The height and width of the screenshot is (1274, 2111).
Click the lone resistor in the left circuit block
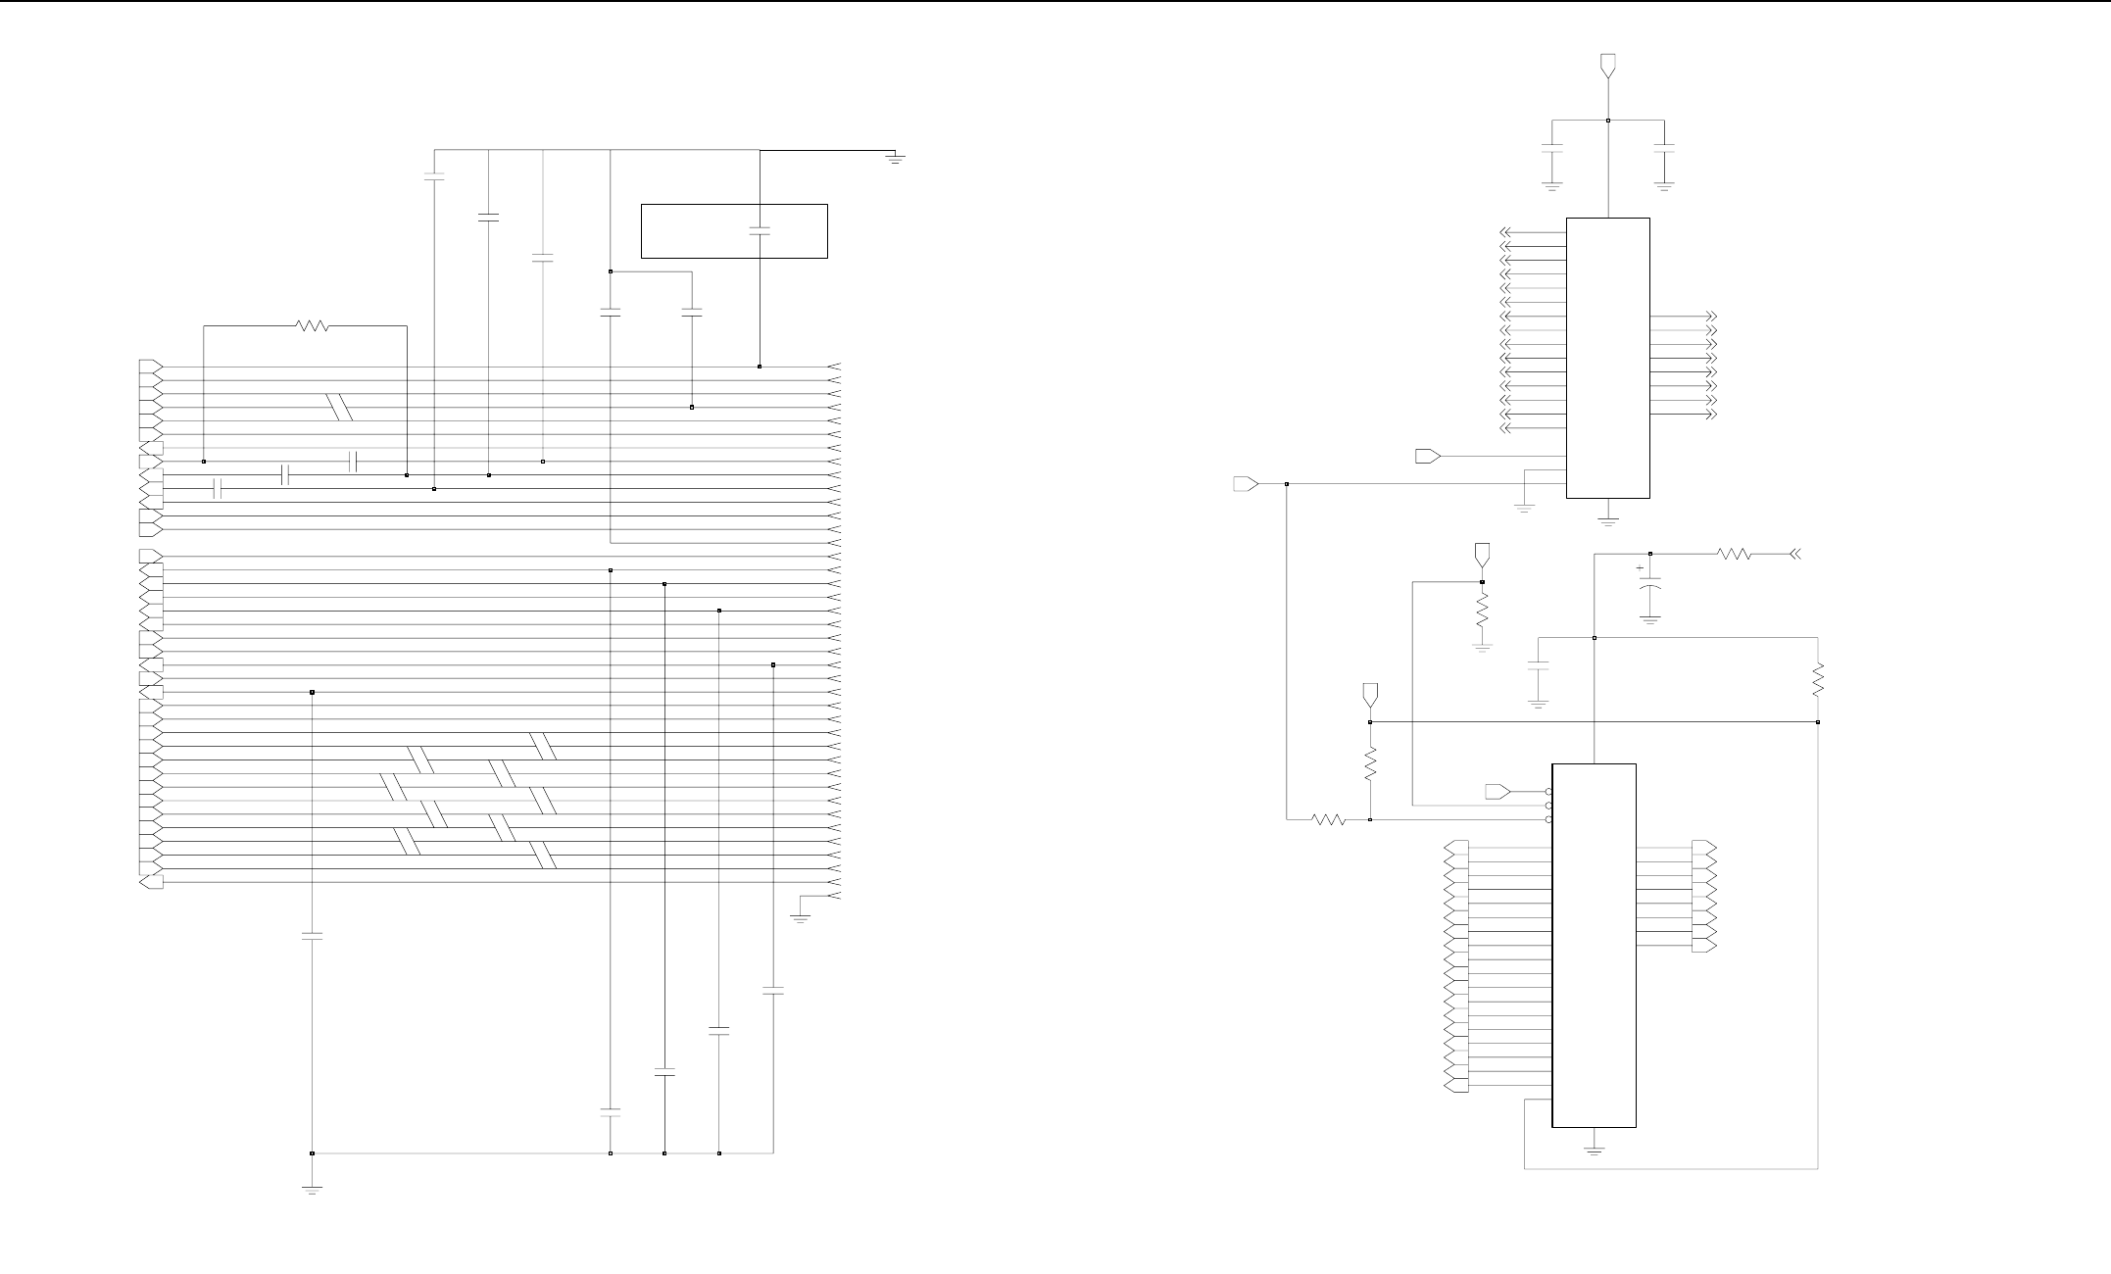coord(313,326)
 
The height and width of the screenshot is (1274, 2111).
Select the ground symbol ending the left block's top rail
coord(894,157)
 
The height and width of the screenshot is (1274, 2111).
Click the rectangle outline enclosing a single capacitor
coord(734,231)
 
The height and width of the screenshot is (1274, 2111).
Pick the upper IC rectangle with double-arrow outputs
coord(1607,358)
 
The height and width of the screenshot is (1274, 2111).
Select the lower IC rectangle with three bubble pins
coord(1594,945)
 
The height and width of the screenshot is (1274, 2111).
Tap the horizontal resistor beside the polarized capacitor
coord(1734,555)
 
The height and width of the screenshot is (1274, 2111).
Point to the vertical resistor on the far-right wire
coord(1818,680)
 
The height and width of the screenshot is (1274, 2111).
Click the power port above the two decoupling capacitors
coord(1607,65)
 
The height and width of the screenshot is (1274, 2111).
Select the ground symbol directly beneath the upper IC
coord(1608,518)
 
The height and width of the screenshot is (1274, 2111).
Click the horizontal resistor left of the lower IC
coord(1329,819)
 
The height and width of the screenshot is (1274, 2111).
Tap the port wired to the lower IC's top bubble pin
coord(1499,791)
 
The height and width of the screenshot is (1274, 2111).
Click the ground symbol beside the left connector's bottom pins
coord(800,918)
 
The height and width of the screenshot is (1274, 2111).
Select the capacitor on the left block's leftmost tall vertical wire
coord(312,936)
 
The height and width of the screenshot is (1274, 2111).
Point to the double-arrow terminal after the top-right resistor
coord(1794,555)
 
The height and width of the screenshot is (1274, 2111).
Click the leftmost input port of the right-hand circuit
coord(1246,483)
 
